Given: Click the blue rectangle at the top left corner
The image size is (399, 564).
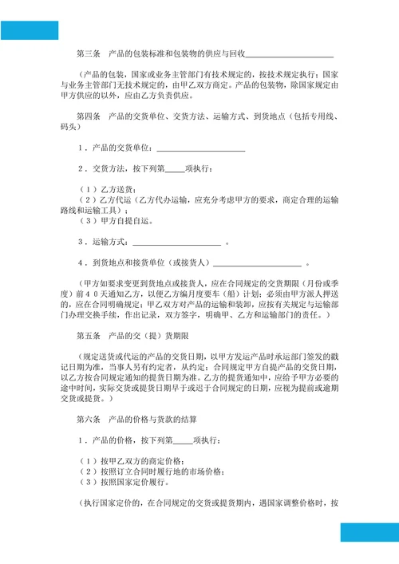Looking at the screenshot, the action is tap(30, 30).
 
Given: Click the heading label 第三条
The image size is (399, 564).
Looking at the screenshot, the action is tap(87, 54).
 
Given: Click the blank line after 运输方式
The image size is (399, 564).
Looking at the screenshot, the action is tap(176, 242).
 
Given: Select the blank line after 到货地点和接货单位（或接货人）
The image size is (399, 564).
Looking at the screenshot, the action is tap(257, 262).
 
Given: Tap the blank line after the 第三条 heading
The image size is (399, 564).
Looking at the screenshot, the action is tap(290, 55).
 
